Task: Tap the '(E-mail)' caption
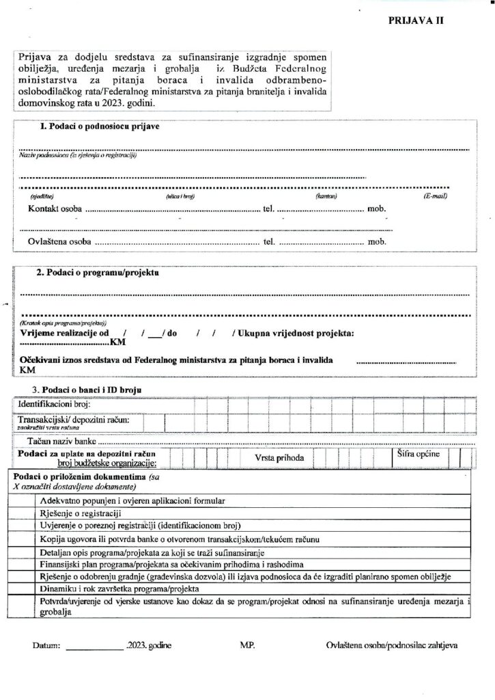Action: pos(434,197)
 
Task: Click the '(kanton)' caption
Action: pos(324,197)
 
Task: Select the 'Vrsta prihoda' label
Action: pos(280,457)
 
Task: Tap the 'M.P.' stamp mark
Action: pos(247,645)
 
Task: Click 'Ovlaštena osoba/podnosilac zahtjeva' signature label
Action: pos(392,645)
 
